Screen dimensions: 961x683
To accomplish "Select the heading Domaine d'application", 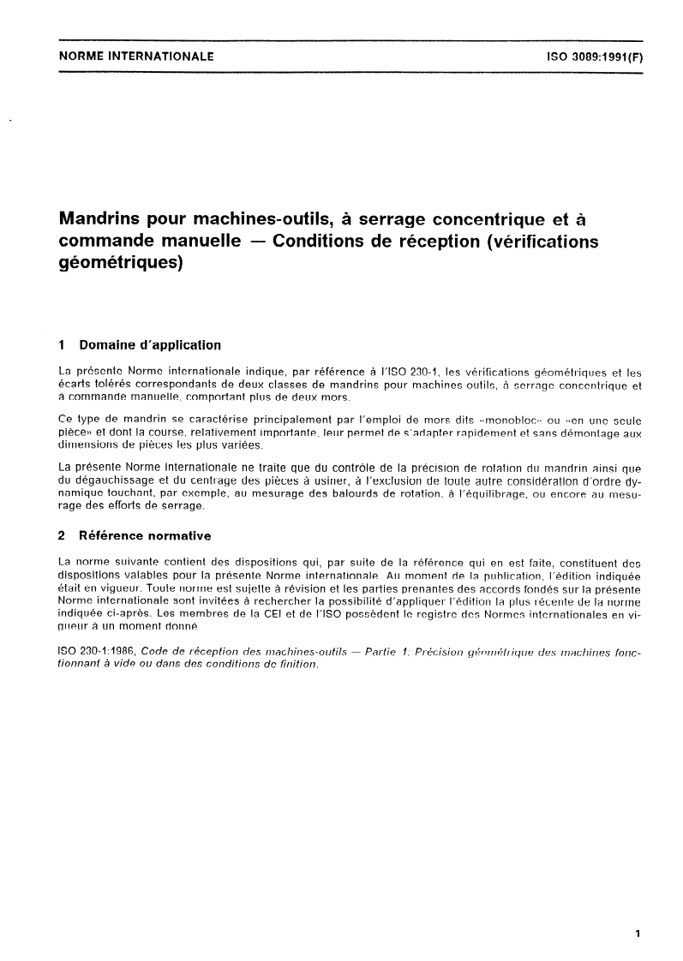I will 150,346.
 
